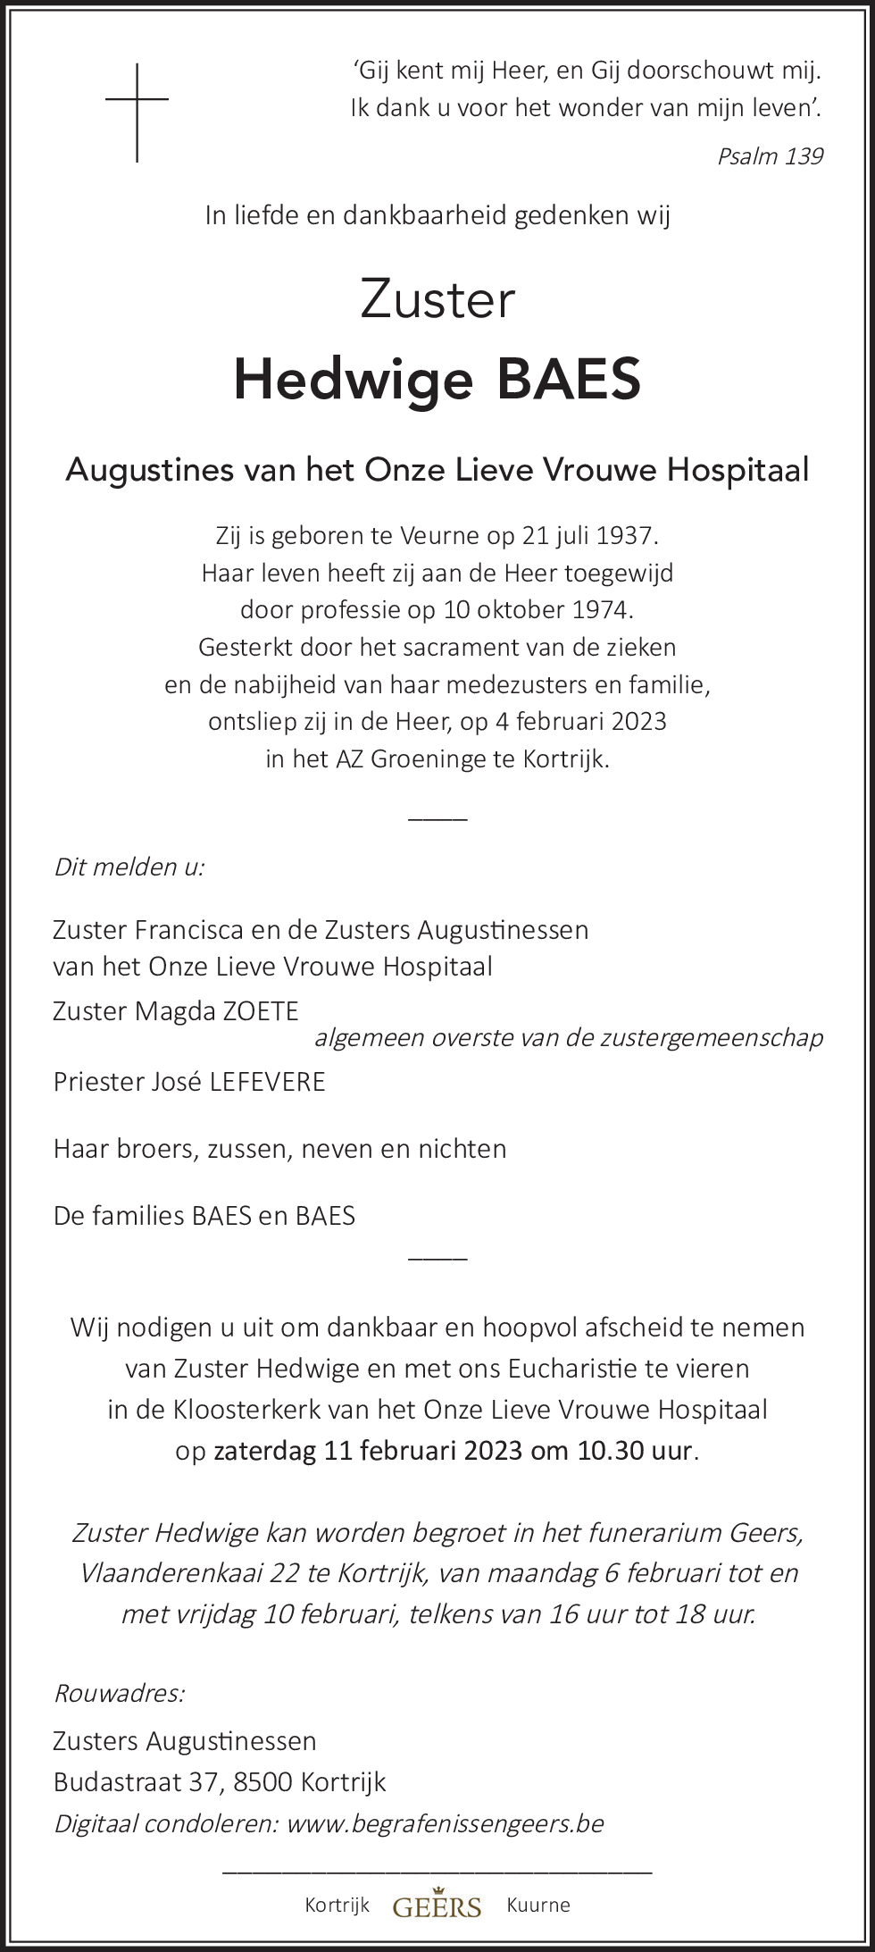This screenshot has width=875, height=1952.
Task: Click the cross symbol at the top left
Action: (137, 112)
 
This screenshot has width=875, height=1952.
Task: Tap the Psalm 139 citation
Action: (770, 156)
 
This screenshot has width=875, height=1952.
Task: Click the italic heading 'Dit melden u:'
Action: (129, 867)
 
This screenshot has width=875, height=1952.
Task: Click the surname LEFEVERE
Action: (267, 1082)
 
